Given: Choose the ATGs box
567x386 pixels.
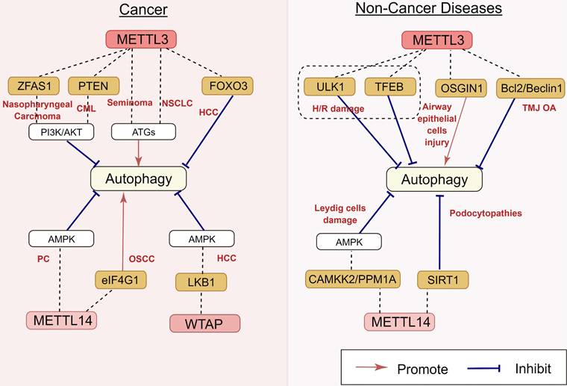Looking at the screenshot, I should (x=143, y=132).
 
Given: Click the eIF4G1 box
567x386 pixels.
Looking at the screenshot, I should (x=120, y=279).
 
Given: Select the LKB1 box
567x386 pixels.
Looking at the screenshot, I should (x=201, y=281).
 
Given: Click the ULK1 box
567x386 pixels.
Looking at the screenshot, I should (x=329, y=87).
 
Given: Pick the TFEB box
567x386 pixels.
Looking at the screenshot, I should (x=389, y=87).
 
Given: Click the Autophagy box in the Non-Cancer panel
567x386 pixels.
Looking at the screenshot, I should (x=434, y=179).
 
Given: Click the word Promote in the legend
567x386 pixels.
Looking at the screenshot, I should (x=422, y=369).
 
